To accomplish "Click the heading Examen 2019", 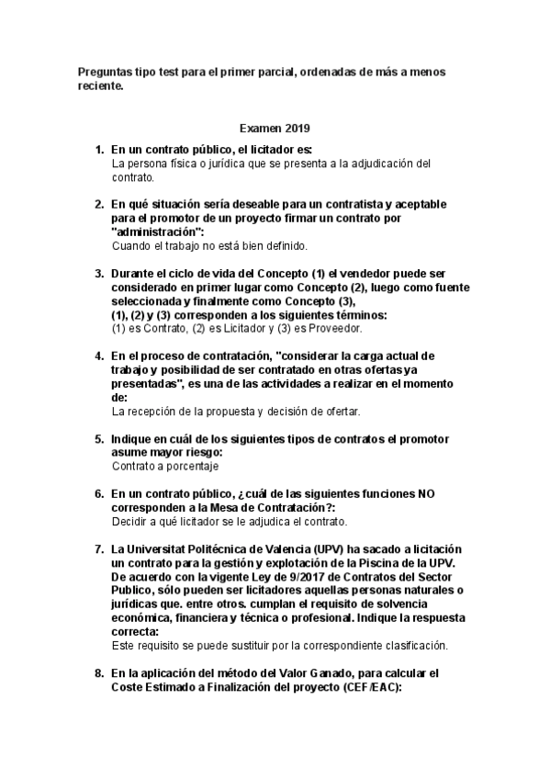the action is tap(275, 130).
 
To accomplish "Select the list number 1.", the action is tap(99, 150).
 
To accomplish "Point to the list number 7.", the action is tap(99, 548).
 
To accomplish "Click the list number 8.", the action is tap(99, 673).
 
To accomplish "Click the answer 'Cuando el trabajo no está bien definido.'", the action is tap(209, 246).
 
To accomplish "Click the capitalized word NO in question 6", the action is tap(426, 493).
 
